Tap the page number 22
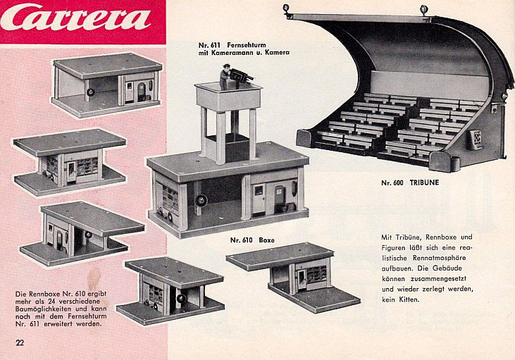20,342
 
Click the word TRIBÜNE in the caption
424,182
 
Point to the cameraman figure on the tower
225,77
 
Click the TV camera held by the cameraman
241,76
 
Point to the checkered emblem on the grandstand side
475,139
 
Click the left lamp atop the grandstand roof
287,9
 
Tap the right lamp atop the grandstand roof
424,10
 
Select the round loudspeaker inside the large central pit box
201,200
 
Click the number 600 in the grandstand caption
399,182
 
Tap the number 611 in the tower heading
214,45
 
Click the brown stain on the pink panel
94,279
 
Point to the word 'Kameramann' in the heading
230,53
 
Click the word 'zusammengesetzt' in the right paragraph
438,278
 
